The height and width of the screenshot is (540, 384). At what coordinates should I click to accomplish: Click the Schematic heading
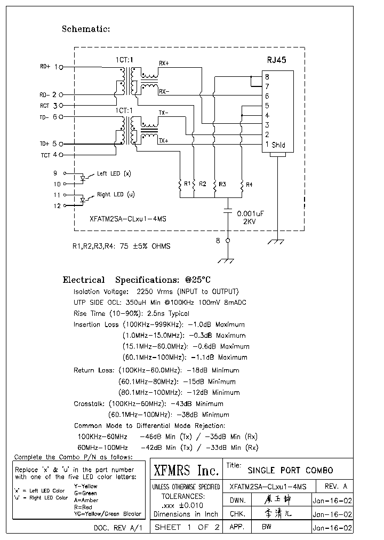86,29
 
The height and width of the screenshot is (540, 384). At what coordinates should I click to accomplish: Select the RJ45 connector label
276,60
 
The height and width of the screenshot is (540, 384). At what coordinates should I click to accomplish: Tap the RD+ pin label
45,67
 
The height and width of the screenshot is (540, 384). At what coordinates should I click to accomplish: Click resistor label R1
187,184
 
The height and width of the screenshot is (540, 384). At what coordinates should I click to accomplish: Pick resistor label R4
249,184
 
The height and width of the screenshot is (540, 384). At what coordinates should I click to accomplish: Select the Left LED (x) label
114,174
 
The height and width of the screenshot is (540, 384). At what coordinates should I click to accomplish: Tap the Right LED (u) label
115,195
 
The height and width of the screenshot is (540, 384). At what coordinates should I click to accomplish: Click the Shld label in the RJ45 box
278,145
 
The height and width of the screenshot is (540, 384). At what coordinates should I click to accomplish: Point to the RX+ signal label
164,63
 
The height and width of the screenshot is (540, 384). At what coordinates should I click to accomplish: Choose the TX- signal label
163,113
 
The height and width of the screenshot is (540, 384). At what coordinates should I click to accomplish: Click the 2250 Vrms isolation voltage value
155,292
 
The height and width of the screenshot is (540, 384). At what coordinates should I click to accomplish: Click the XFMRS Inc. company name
186,471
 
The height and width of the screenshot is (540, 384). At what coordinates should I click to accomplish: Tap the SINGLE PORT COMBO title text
290,470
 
